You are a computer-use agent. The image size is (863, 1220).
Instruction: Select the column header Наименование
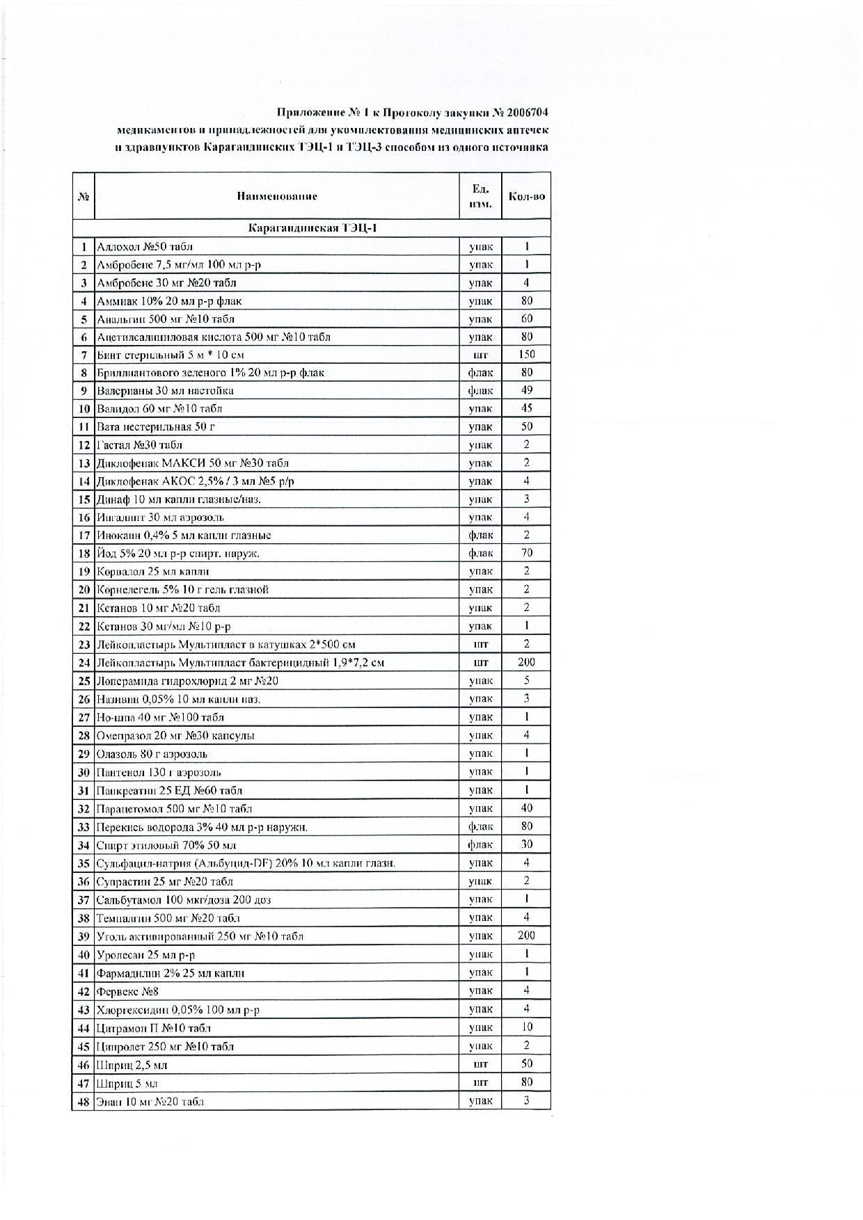point(276,196)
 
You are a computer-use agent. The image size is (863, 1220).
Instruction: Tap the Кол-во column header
point(526,196)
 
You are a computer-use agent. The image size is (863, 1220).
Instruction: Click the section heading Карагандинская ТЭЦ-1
point(312,228)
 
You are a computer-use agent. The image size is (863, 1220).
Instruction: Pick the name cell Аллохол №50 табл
point(145,246)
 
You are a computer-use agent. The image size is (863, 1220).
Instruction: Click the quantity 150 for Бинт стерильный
point(526,355)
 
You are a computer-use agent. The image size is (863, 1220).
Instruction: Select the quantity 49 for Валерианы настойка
point(526,390)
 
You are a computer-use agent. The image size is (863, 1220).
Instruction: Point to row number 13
point(84,463)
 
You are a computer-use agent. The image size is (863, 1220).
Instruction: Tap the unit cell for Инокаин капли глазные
point(480,536)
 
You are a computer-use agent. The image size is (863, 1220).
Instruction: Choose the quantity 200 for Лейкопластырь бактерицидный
point(526,662)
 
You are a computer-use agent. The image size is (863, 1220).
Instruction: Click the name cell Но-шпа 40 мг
point(160,717)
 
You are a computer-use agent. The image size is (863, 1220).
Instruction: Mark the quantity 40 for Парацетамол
point(526,808)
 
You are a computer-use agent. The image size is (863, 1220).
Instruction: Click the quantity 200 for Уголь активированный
point(526,936)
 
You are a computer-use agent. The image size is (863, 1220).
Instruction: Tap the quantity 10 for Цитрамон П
point(526,1027)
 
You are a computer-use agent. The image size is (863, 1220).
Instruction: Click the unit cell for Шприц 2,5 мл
point(480,1064)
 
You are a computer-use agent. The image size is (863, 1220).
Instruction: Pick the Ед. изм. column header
point(480,196)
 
